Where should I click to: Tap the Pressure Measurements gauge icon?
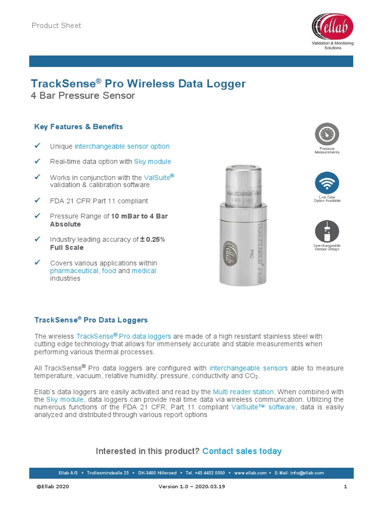tap(326, 134)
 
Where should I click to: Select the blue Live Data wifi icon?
tap(326, 183)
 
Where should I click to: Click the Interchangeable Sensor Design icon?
tap(326, 231)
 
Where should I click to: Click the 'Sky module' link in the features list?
tap(152, 162)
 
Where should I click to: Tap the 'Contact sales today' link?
tap(242, 451)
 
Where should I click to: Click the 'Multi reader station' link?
tap(243, 392)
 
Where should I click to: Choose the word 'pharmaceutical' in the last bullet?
tap(74, 270)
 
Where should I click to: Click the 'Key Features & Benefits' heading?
tap(78, 127)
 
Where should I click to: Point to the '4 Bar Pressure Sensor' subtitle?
tap(83, 95)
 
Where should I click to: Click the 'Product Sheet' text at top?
tap(56, 25)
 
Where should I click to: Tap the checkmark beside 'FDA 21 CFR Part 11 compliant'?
tap(37, 200)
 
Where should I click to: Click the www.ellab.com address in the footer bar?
tap(250, 473)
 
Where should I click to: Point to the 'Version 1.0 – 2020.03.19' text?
tap(192, 487)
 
